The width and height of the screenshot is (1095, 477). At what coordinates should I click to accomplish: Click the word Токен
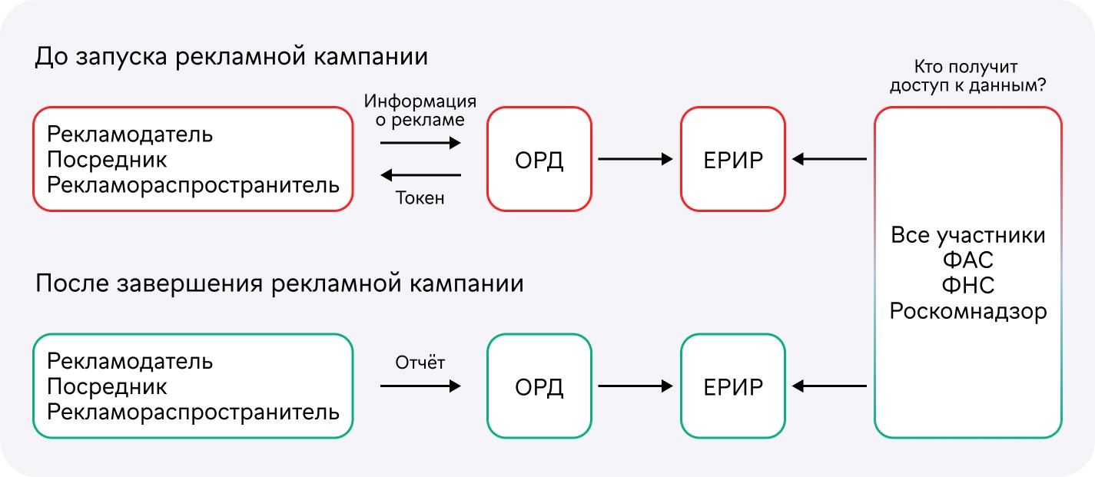click(x=420, y=198)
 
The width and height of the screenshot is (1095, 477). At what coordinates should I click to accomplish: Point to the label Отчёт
click(x=420, y=362)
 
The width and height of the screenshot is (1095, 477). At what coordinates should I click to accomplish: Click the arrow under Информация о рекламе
click(x=420, y=143)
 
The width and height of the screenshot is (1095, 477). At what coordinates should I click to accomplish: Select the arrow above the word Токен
click(x=420, y=174)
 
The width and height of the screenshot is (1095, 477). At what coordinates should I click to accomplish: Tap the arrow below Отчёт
click(x=420, y=386)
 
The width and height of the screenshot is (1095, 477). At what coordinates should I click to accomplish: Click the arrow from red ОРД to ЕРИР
click(x=635, y=159)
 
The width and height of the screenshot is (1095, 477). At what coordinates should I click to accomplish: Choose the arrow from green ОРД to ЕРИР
click(x=635, y=386)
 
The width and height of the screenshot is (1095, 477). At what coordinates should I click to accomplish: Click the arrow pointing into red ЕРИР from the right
click(x=830, y=159)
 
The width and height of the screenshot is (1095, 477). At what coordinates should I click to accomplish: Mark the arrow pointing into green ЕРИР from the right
click(x=830, y=386)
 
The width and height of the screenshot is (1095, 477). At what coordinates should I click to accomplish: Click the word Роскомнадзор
click(x=968, y=311)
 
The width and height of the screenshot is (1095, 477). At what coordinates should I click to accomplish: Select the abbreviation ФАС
click(x=968, y=260)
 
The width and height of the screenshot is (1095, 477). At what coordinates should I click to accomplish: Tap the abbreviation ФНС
click(x=968, y=286)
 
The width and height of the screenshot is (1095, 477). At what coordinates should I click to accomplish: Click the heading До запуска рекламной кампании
click(x=231, y=57)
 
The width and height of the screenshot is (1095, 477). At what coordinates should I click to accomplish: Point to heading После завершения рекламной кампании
click(x=280, y=284)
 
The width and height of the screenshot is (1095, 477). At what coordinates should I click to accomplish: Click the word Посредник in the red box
click(x=107, y=160)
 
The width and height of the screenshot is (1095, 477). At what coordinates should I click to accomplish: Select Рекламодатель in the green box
click(x=130, y=362)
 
